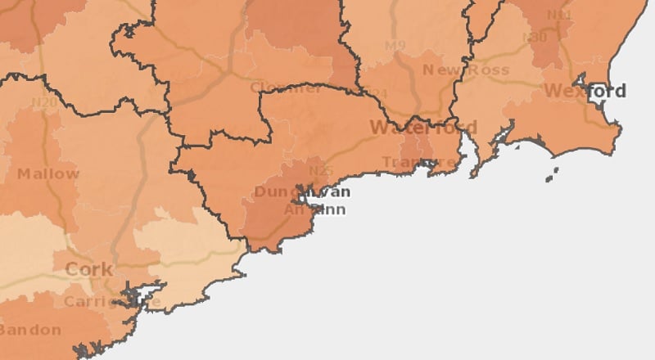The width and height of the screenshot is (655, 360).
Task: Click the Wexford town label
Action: coord(585,90)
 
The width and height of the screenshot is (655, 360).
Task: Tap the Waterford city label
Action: coord(422,128)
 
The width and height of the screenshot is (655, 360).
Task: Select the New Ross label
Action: coord(465,70)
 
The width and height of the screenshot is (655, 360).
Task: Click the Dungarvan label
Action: coord(302,192)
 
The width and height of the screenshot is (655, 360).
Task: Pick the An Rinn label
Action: coord(314,209)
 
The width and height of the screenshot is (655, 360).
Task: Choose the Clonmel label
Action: coord(286,88)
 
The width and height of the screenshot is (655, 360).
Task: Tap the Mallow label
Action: coord(48,173)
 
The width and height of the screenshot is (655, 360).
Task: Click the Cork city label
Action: coord(88,269)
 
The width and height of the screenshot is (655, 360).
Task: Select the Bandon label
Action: coord(30,330)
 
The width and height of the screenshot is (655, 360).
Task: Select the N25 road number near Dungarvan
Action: coord(321,171)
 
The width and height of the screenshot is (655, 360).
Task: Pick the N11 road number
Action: coord(559,16)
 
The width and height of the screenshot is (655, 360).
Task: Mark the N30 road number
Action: coord(537,38)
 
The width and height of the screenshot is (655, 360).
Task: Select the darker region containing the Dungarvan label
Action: coord(270,217)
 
